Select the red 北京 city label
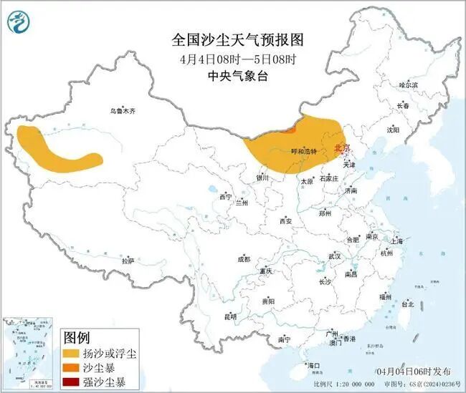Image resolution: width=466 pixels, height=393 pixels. click(343, 149)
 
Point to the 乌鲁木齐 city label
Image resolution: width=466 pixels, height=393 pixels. click(123, 111)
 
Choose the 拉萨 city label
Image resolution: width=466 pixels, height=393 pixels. click(128, 261)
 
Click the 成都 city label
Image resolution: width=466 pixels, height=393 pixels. click(244, 259)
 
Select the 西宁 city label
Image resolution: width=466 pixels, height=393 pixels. click(226, 196)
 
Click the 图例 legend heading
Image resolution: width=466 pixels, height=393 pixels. click(77, 336)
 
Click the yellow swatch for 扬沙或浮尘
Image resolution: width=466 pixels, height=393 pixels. click(72, 354)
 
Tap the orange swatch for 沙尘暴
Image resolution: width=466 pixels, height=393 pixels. click(72, 367)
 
